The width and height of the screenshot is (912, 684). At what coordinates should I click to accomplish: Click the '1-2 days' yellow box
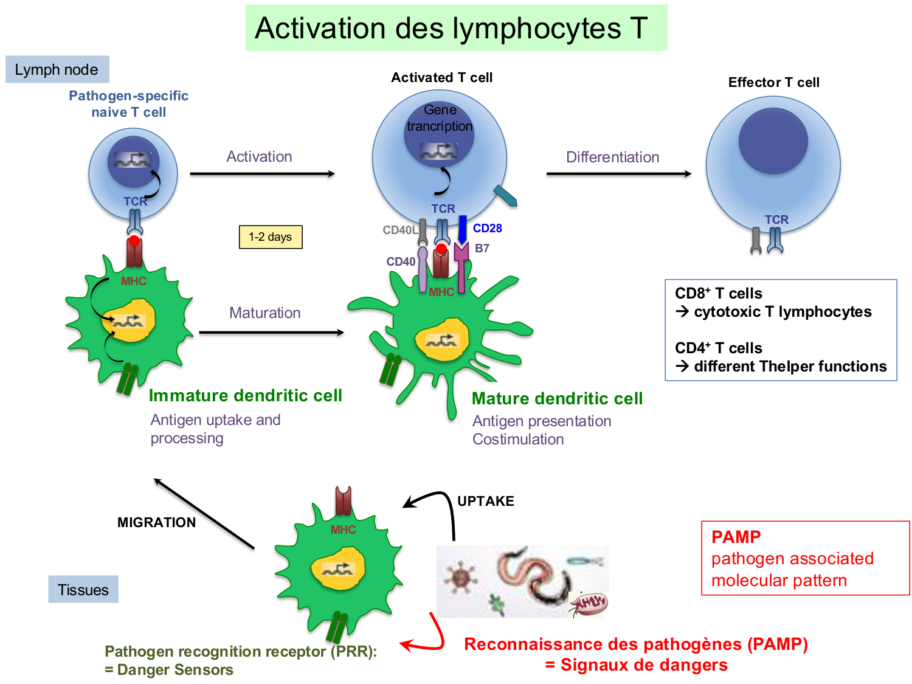[271, 237]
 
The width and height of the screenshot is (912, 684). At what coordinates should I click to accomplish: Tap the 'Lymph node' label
[57, 70]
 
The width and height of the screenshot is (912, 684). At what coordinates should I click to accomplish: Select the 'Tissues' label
[83, 590]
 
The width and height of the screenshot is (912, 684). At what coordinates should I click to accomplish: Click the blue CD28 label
[488, 229]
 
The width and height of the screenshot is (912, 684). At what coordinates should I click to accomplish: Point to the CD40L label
[399, 230]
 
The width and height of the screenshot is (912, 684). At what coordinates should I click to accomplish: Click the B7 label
[482, 249]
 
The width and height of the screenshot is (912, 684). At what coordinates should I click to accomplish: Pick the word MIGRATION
[156, 523]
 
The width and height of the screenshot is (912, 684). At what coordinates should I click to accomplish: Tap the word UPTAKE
[485, 502]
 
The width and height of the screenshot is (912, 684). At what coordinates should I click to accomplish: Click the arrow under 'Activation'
[262, 174]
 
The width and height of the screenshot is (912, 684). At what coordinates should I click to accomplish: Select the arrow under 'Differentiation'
[618, 174]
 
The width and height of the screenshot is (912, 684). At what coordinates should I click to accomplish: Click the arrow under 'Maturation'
[271, 333]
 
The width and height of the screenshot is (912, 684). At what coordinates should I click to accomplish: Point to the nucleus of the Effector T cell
[773, 142]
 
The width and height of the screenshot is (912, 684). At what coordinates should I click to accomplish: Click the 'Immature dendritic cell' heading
[246, 396]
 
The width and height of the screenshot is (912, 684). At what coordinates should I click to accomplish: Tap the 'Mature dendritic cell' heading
[557, 399]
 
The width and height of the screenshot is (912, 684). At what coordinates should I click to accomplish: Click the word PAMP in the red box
[736, 537]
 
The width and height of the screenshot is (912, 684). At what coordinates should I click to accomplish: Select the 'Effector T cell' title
[773, 83]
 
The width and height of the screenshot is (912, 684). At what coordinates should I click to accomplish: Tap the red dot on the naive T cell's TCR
[134, 241]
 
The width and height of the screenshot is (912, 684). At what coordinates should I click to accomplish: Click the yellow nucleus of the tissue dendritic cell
[338, 568]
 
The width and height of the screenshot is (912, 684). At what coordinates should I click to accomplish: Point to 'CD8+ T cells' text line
[718, 294]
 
